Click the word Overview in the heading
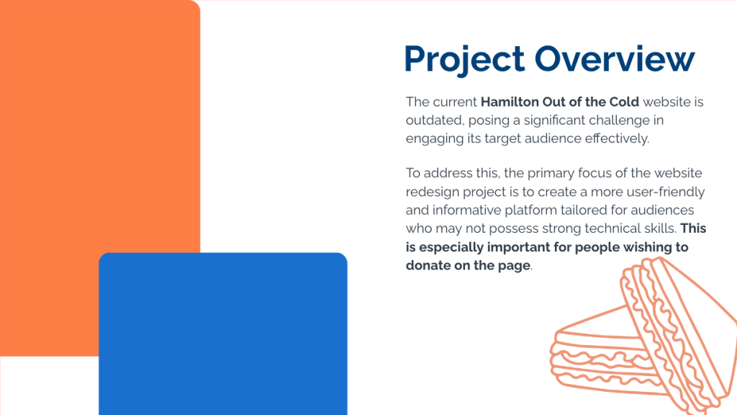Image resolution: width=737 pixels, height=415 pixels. [615, 58]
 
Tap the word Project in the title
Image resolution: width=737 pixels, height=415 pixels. [464, 60]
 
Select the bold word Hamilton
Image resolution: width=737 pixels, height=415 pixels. [510, 102]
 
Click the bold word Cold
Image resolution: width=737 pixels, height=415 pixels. [624, 102]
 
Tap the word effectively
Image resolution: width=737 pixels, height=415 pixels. [617, 138]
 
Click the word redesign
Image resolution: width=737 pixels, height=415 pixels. [433, 192]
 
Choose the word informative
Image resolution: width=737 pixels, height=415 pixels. [466, 210]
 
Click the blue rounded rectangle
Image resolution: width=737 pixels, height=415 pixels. [223, 334]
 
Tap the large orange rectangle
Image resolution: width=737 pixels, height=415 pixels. [100, 141]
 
